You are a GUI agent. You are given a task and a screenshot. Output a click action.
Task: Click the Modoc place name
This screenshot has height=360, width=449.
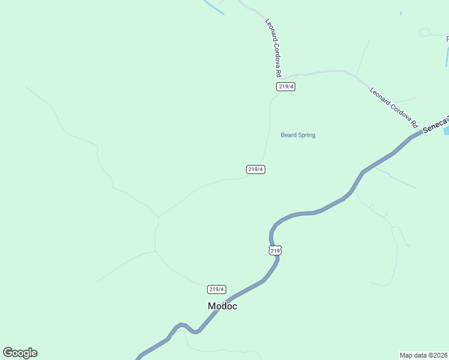click(x=222, y=306)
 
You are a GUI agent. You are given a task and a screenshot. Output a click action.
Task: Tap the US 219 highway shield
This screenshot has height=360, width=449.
click(x=275, y=250)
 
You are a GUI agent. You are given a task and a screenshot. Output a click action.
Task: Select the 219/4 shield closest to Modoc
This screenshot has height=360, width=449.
click(x=217, y=289)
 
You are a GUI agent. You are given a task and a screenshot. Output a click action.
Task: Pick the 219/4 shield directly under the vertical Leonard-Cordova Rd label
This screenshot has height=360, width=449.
click(x=286, y=86)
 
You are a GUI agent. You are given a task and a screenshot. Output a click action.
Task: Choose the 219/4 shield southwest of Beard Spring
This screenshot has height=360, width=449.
click(x=256, y=169)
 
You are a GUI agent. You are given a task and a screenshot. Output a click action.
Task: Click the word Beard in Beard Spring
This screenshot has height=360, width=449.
click(x=288, y=135)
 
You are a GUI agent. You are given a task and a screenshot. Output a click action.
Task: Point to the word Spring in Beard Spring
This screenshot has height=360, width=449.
click(x=306, y=135)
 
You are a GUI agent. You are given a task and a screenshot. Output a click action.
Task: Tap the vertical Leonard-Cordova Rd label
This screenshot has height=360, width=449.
click(x=274, y=48)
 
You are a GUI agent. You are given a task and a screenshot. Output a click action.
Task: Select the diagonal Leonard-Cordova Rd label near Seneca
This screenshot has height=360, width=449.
click(x=394, y=109)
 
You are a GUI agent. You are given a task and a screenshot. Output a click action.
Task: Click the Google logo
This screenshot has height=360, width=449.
click(x=20, y=353)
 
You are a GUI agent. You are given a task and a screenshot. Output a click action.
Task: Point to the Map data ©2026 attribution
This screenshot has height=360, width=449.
click(x=424, y=355)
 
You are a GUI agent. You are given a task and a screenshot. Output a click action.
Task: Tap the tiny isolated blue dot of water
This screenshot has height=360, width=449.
click(x=401, y=13)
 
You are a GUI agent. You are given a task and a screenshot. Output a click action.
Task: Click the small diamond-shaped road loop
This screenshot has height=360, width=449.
click(x=424, y=32)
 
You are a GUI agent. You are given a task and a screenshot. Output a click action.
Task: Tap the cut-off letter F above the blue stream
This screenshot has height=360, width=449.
click(x=447, y=40)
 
